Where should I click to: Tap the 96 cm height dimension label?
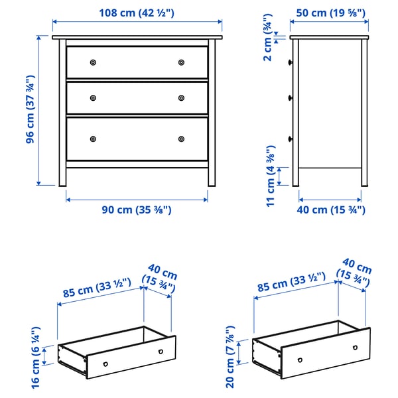click(x=31, y=111)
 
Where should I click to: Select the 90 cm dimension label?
click(x=137, y=210)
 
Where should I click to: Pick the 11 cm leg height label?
click(x=269, y=176)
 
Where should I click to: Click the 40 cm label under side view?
click(x=330, y=210)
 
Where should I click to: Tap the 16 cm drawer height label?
click(x=36, y=357)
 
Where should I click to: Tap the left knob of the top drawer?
click(x=93, y=62)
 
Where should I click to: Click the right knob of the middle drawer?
click(x=181, y=98)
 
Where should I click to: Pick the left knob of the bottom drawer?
click(x=93, y=139)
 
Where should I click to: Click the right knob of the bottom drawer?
click(x=181, y=139)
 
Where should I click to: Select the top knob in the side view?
click(x=291, y=62)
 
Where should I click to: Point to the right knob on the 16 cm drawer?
click(x=160, y=351)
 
